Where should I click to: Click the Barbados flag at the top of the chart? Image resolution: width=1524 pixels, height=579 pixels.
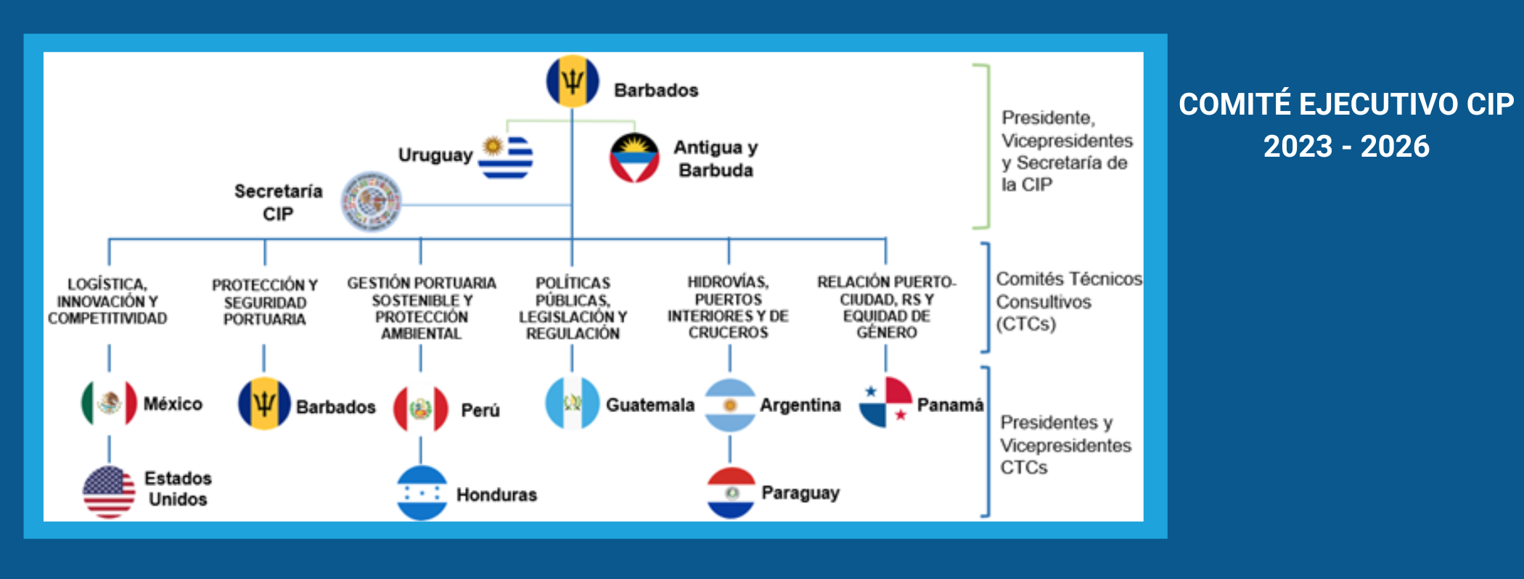pos(573,81)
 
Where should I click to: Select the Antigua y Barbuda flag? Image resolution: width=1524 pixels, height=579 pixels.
pos(634,158)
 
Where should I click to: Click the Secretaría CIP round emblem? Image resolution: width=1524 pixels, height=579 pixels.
pos(372,202)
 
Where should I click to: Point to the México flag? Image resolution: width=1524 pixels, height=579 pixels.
pos(109,403)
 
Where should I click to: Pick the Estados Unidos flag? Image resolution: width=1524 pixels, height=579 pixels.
pos(109,492)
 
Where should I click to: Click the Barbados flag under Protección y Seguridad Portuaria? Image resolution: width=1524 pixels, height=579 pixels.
pos(264,403)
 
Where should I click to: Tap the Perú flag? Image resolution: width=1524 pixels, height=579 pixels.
pos(420,409)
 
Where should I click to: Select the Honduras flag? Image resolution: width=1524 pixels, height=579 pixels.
pos(422,493)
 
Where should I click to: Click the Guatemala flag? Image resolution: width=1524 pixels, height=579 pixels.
pos(572,403)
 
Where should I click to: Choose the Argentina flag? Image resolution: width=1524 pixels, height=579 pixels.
pos(730,405)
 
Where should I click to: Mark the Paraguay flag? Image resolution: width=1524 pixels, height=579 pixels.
pos(731,493)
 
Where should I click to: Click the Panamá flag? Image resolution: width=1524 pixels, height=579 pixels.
pos(885,403)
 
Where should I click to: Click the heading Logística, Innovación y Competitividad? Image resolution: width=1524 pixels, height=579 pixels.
pos(107,301)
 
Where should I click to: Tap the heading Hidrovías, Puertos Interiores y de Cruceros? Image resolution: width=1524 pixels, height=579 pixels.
pos(728,307)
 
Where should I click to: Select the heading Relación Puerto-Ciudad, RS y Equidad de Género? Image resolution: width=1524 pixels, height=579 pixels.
pos(886,307)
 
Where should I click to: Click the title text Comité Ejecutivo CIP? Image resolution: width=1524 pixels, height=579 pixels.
pos(1346,104)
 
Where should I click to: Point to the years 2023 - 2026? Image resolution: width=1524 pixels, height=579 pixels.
pos(1346,147)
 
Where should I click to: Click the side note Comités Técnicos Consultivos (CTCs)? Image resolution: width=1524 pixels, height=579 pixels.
pos(1067,301)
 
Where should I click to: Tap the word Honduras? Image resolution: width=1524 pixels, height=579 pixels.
pos(496,495)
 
